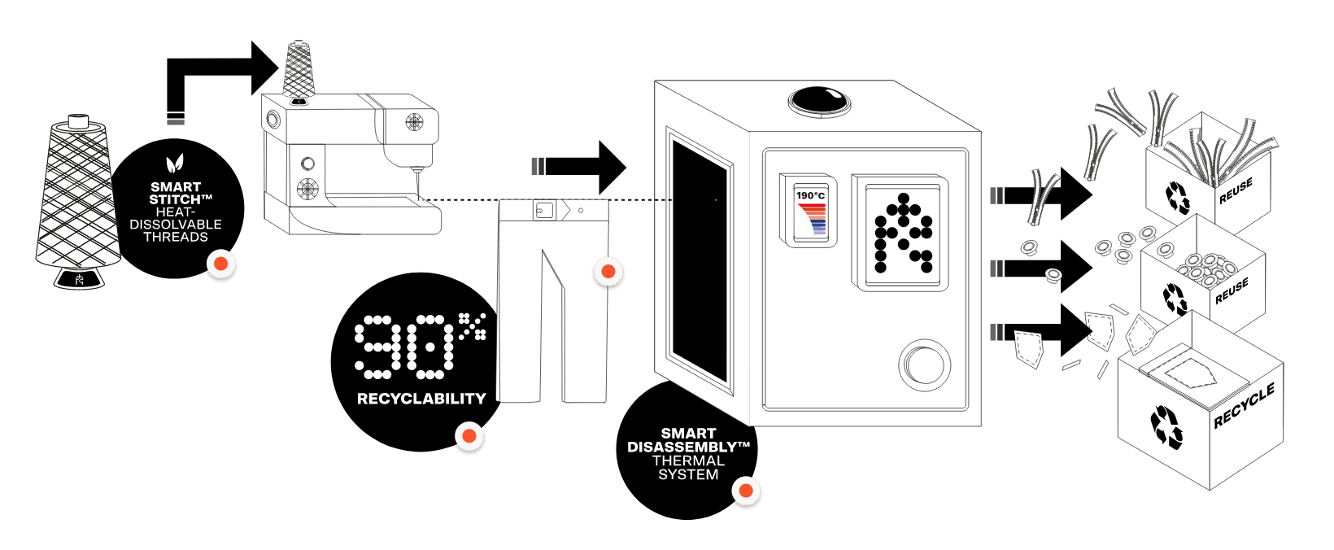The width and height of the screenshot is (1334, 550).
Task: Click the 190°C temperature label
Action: (x=810, y=195)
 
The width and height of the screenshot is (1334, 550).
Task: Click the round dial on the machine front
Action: (x=924, y=365)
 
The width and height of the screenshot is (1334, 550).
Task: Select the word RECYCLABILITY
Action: (x=421, y=399)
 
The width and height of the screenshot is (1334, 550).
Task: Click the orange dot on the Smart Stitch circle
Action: (x=221, y=264)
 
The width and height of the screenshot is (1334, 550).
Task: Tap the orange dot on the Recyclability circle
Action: (x=469, y=435)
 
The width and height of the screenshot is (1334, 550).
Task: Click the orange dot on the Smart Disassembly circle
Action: (x=746, y=491)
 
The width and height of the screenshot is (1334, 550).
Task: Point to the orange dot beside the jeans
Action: (x=608, y=272)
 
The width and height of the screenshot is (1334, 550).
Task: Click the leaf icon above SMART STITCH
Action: (x=175, y=164)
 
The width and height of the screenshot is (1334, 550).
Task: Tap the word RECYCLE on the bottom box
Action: (x=1244, y=405)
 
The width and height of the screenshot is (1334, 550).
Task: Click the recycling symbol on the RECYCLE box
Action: (x=1166, y=426)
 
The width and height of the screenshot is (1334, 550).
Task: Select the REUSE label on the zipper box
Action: (x=1236, y=190)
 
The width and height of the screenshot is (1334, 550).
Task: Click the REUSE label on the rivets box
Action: (x=1232, y=290)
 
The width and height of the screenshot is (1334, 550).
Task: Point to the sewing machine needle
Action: (x=418, y=184)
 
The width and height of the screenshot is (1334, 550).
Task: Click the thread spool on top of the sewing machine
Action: (x=299, y=69)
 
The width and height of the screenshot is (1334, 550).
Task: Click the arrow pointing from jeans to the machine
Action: (x=579, y=167)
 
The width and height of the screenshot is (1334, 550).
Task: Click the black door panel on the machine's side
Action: (x=700, y=260)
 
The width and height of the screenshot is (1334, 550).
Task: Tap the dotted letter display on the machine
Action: (x=903, y=233)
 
